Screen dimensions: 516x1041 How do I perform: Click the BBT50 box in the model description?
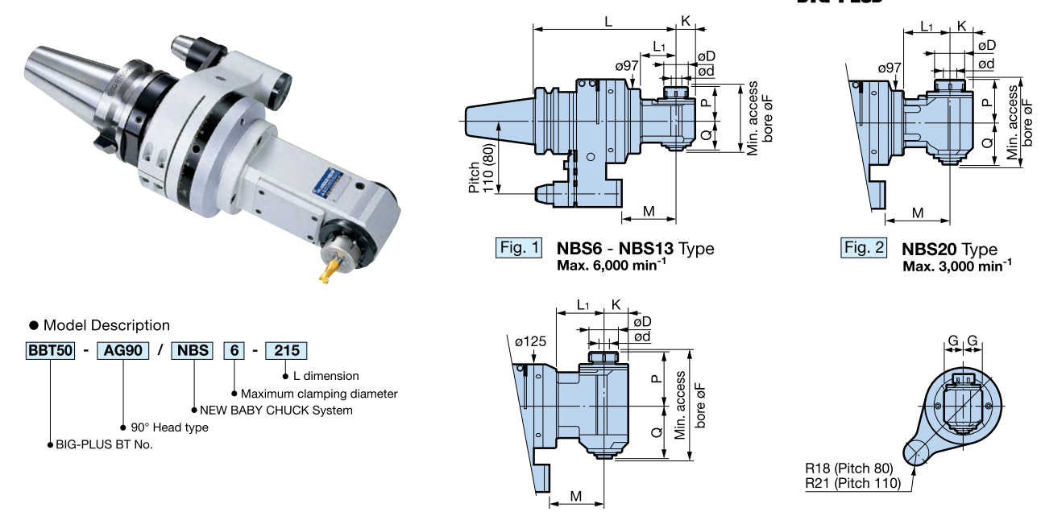(x=51, y=350)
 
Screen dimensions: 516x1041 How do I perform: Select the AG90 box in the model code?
(x=120, y=350)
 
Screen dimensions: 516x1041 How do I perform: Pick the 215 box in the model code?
(x=286, y=350)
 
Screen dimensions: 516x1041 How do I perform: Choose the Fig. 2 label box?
(x=864, y=247)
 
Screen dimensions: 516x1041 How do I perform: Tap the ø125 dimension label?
(x=531, y=341)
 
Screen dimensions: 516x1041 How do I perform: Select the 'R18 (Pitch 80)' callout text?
(x=849, y=468)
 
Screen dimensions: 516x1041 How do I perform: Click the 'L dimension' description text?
(x=326, y=376)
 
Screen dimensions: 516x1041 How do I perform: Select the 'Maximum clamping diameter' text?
(x=319, y=394)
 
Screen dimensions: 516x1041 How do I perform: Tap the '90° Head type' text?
(x=168, y=427)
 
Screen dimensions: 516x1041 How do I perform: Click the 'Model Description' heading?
(x=106, y=325)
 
